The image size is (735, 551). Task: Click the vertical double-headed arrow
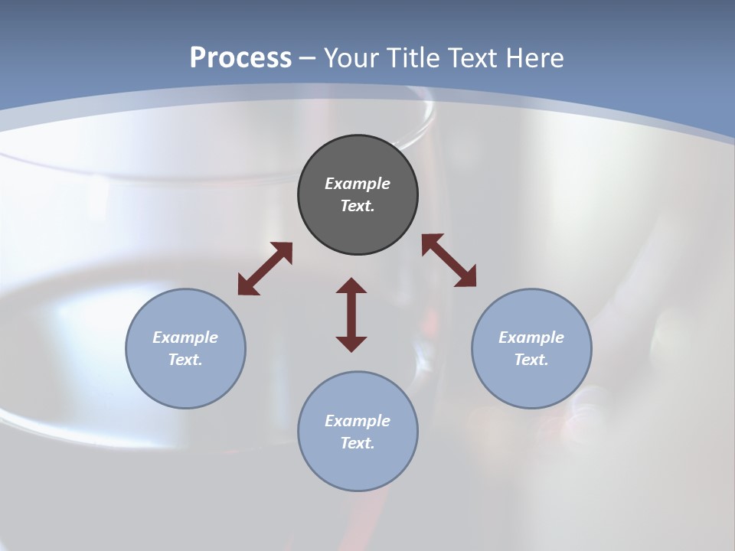click(x=351, y=315)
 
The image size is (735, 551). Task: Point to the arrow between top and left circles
click(x=265, y=269)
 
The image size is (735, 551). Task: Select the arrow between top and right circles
click(x=449, y=261)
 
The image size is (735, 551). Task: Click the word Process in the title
click(x=240, y=58)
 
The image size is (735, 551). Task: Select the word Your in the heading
click(x=351, y=58)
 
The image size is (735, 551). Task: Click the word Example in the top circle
click(x=358, y=184)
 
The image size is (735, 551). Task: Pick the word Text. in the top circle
click(x=358, y=206)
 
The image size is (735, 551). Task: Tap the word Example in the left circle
click(x=185, y=337)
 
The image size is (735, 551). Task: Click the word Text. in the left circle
click(x=185, y=360)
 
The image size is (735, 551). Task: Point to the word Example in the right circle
click(x=531, y=337)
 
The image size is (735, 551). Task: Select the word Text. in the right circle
click(x=531, y=360)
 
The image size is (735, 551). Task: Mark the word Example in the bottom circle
click(x=358, y=421)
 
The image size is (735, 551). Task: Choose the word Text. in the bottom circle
click(x=358, y=443)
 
